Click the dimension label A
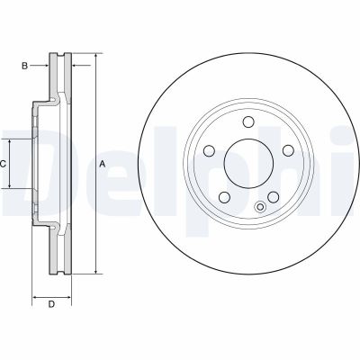pos(103,163)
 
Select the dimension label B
pos(26,66)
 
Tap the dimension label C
pos(4,164)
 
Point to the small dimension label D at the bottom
pos(51,304)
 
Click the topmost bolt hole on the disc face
pos(246,124)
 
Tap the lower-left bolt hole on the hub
pos(222,195)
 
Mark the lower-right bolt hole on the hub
pos(268,195)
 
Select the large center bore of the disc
pos(246,164)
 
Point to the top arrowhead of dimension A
pos(94,58)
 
